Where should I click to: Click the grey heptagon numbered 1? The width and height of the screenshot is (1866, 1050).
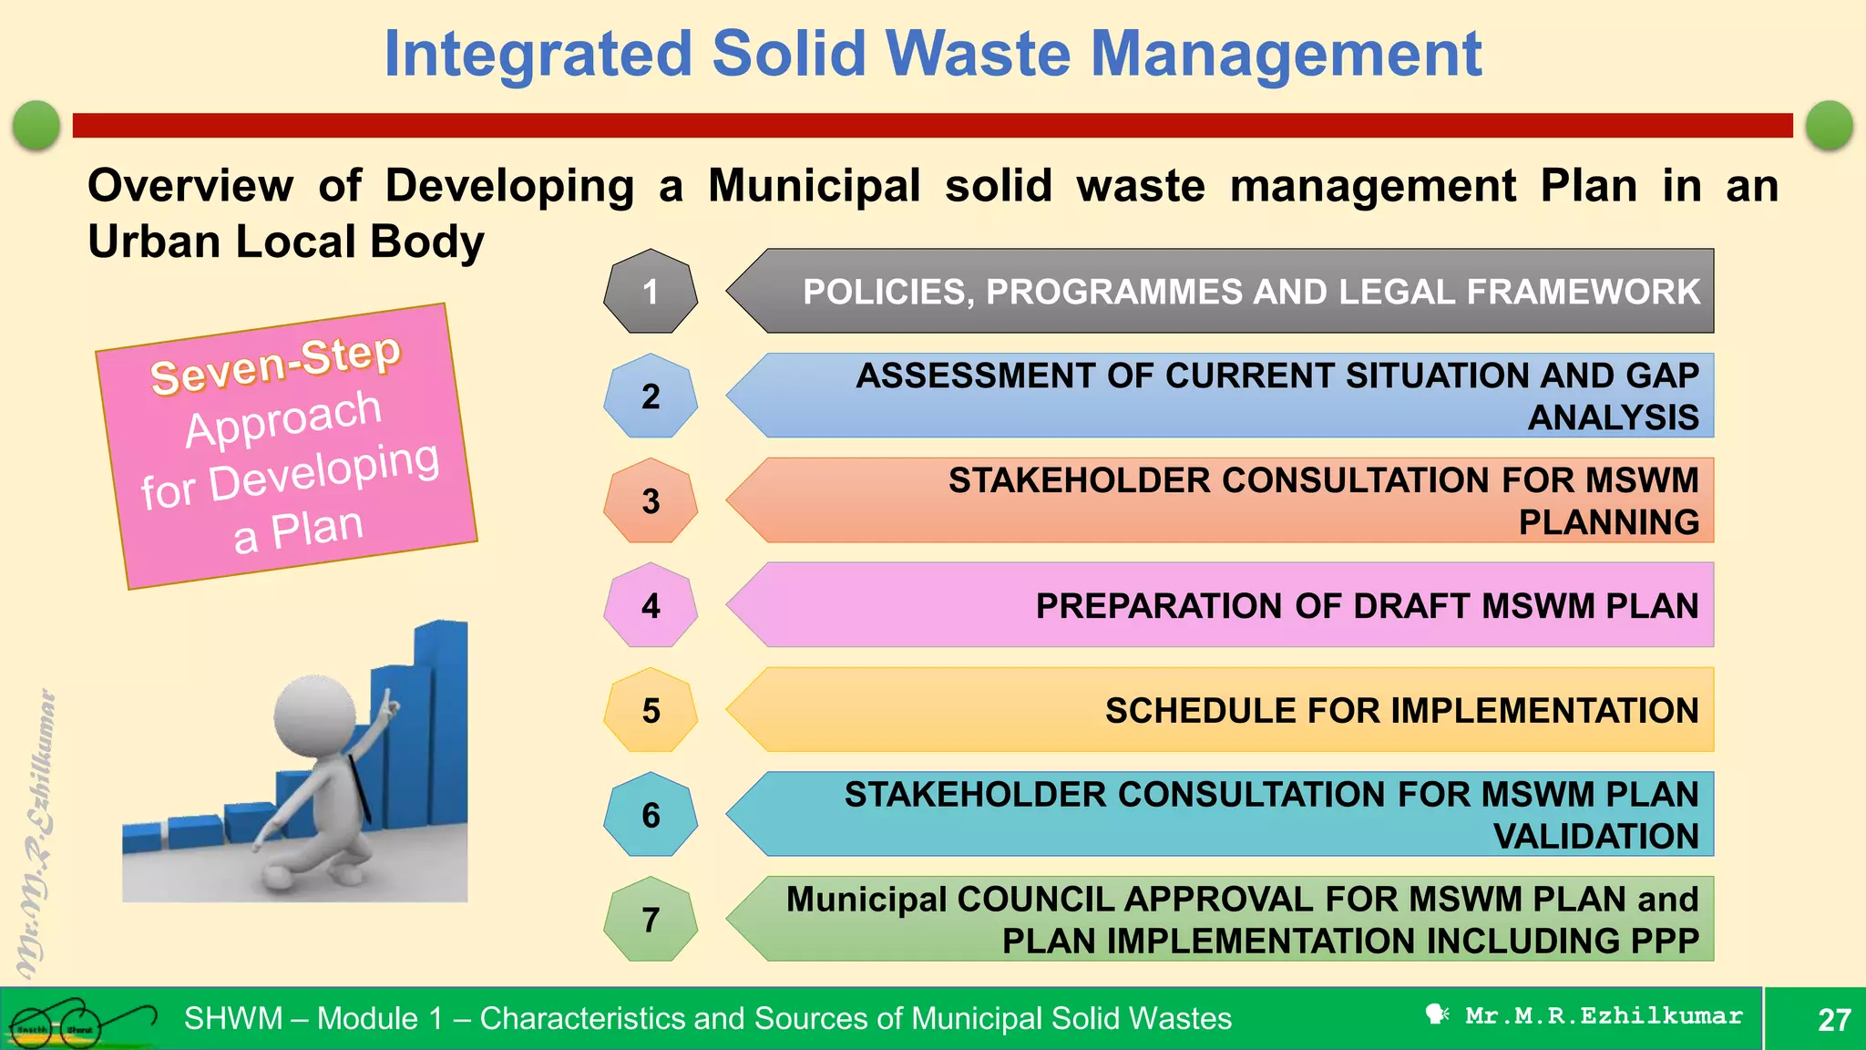(x=651, y=292)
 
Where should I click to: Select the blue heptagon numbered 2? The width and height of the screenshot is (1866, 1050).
(x=651, y=396)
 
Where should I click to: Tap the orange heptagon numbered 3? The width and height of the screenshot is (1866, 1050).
(x=651, y=501)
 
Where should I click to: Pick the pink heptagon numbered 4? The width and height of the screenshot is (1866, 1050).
(x=651, y=606)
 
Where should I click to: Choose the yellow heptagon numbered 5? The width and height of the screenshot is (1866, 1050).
(x=651, y=711)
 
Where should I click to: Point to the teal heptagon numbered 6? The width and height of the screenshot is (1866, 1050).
(x=651, y=815)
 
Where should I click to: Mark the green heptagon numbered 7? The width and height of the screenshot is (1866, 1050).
(x=651, y=920)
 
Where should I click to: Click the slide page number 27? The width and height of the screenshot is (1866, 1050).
(x=1834, y=1019)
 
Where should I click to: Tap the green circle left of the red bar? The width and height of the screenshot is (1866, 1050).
(x=36, y=125)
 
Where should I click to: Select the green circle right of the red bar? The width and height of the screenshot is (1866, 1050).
(x=1829, y=125)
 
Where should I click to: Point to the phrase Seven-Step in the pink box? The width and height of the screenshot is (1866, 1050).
(x=275, y=365)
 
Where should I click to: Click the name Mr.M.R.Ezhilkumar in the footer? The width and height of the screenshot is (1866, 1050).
(x=1604, y=1016)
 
